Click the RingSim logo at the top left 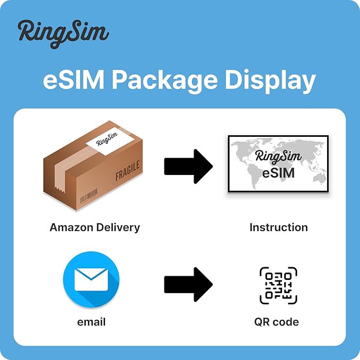(63, 33)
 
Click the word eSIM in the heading (72, 81)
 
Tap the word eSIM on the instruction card (279, 173)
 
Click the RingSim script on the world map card (279, 156)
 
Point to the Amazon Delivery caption (95, 227)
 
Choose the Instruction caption (279, 227)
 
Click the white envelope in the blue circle (91, 279)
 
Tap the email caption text (91, 322)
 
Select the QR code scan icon (278, 286)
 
